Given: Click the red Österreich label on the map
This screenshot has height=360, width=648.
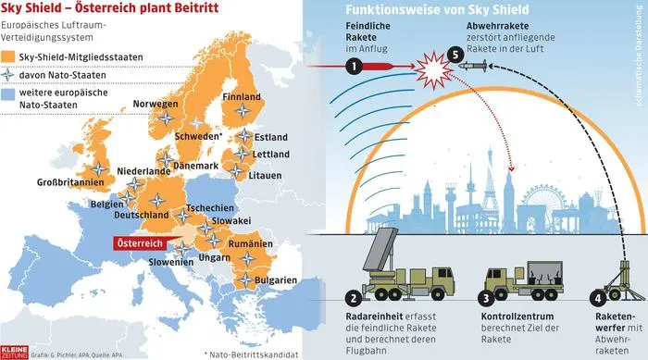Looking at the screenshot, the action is pos(139,242).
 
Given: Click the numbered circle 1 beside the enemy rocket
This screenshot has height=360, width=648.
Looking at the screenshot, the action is pos(353,66).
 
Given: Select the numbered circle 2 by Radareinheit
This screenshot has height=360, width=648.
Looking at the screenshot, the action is pos(353,299).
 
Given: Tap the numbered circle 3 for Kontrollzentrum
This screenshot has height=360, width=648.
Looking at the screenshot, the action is pos(485,299).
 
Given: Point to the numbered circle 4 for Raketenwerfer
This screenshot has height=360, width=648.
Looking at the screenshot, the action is pos(598,299).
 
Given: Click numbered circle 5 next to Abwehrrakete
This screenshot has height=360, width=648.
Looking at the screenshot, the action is pos(455,56).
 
